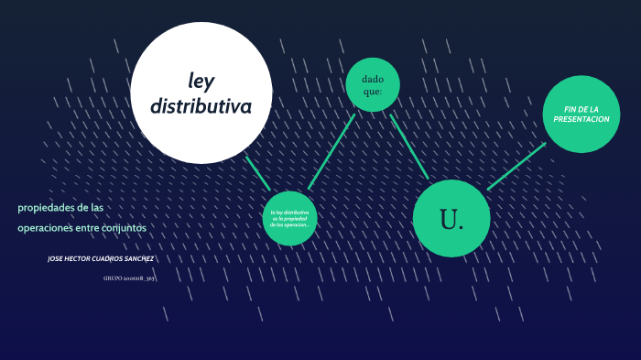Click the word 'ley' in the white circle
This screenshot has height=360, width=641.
pos(201,80)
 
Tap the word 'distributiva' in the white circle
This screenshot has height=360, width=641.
pos(201,106)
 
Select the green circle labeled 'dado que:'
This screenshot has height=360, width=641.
pos(373,84)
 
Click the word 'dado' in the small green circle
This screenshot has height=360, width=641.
pos(373,78)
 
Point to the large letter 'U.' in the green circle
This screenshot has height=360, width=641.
pos(451,220)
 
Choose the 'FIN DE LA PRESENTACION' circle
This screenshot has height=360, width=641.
pos(581,114)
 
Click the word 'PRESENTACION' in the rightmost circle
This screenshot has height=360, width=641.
pos(581,120)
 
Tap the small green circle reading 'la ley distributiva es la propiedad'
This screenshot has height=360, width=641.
pos(289,218)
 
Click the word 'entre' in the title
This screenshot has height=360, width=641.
pos(88,227)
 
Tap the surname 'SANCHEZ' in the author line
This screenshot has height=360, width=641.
pos(136,258)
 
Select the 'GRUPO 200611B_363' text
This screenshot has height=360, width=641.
pos(128,277)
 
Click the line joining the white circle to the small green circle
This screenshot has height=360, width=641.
pos(257,173)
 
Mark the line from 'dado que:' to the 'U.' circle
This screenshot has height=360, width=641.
pos(408,146)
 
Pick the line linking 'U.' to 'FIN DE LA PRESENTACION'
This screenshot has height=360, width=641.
pos(516,166)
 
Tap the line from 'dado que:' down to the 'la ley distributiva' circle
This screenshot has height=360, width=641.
pos(331,151)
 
